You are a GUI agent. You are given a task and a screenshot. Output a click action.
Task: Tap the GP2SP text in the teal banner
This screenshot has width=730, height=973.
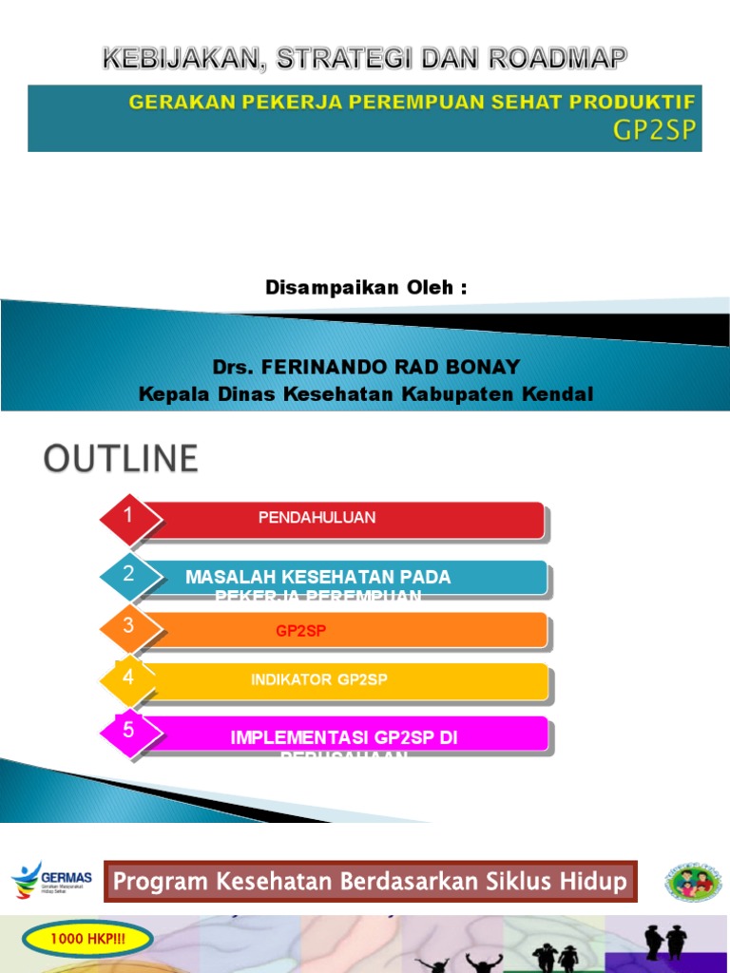655,131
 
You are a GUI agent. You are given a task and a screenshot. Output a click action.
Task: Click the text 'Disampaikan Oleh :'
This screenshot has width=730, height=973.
366,288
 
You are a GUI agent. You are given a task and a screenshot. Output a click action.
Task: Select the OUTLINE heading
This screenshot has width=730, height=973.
121,459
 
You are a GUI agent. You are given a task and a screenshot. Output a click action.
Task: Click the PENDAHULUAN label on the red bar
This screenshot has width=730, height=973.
317,518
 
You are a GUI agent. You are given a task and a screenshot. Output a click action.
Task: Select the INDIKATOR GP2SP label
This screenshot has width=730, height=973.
319,679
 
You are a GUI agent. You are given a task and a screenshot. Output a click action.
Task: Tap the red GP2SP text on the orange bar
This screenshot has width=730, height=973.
301,630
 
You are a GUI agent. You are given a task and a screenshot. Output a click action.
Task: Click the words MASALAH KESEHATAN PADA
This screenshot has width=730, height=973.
318,577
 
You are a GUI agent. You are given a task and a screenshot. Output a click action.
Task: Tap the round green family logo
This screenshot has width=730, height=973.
693,882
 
